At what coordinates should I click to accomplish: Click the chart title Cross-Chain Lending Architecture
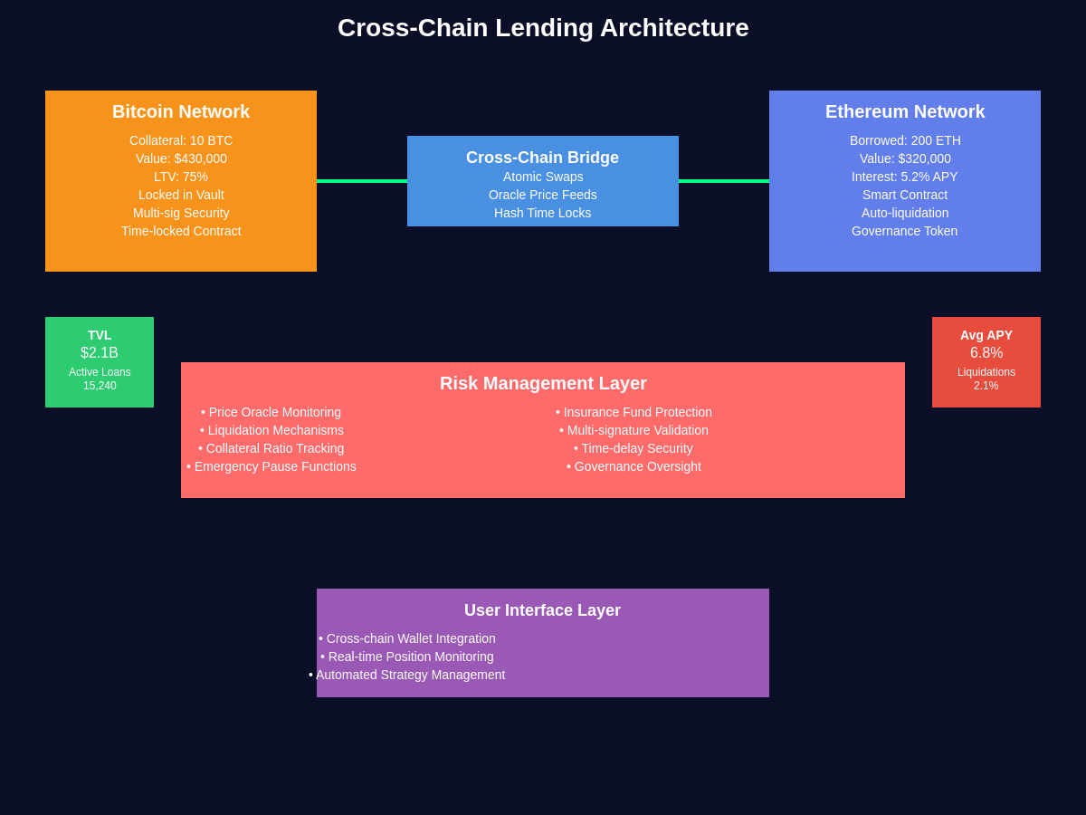coord(543,28)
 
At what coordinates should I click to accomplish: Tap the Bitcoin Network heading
coord(181,111)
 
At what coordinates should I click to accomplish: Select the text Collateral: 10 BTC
coord(181,140)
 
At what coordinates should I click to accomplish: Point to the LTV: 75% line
coord(181,177)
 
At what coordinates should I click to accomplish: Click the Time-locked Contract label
coord(181,231)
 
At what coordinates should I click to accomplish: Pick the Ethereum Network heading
coord(905,111)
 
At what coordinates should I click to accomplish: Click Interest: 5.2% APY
coord(905,177)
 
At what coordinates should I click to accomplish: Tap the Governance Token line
coord(905,231)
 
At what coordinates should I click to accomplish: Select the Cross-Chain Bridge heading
coord(543,158)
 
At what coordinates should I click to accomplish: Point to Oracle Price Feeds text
coord(543,195)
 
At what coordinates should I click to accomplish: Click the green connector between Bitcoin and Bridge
coord(362,181)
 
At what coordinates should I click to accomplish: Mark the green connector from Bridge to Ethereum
coord(724,181)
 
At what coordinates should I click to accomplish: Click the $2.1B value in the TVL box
coord(100,353)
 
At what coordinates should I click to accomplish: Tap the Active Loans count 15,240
coord(100,386)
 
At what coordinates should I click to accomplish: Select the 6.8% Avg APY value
coord(986,353)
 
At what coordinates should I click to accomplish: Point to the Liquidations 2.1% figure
coord(986,386)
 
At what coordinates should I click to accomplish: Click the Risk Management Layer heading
coord(543,383)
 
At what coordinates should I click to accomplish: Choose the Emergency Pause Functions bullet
coord(271,466)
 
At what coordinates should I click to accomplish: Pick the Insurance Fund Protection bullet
coord(633,412)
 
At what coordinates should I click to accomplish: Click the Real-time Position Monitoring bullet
coord(407,657)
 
